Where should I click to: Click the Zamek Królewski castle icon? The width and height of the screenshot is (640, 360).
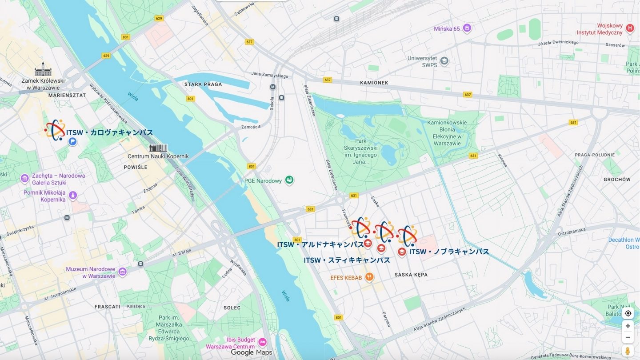coord(43,70)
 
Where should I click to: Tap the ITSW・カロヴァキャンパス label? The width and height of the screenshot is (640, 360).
coord(109,132)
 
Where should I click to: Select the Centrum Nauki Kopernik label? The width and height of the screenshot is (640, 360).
coord(158,156)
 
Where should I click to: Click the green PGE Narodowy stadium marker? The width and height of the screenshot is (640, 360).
coord(289,180)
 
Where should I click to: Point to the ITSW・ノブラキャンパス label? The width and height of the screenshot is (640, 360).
coord(449,252)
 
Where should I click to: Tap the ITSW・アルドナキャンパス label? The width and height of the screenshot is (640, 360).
coord(320,245)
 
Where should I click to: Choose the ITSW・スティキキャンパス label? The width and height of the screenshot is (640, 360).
coord(347,260)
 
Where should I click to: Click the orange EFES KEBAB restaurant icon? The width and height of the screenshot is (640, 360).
coord(369,277)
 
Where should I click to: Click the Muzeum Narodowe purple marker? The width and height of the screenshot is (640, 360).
coord(122,272)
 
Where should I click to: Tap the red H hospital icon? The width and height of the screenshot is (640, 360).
coord(629,28)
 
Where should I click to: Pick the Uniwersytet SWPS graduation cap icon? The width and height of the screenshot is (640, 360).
coord(444,61)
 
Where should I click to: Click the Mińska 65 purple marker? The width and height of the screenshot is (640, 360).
coord(467,28)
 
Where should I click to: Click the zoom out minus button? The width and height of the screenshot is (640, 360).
coord(628,337)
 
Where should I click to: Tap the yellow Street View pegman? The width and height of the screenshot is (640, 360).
coord(628,351)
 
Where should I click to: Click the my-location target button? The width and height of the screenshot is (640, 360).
coord(628,313)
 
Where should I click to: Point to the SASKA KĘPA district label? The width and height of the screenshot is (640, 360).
coord(411,275)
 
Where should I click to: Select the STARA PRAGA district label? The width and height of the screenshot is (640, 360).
coord(203,84)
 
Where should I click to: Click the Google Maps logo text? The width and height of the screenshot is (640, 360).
coord(251,352)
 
